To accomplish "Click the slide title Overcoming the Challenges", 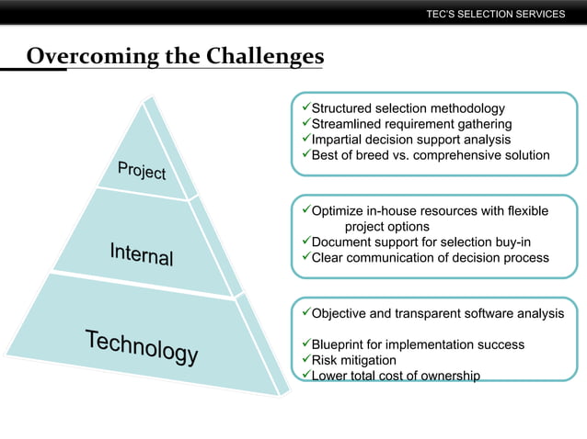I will [175, 57].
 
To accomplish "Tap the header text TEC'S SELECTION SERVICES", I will [496, 14].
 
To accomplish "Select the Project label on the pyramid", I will [142, 170].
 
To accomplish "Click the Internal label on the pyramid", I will [141, 253].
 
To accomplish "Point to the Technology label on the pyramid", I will [142, 347].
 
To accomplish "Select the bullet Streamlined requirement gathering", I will [411, 124].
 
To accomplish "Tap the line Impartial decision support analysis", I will [410, 140].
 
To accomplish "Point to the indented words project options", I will [386, 227].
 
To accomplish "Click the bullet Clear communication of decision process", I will [430, 258].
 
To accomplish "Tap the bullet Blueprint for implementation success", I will [418, 344].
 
